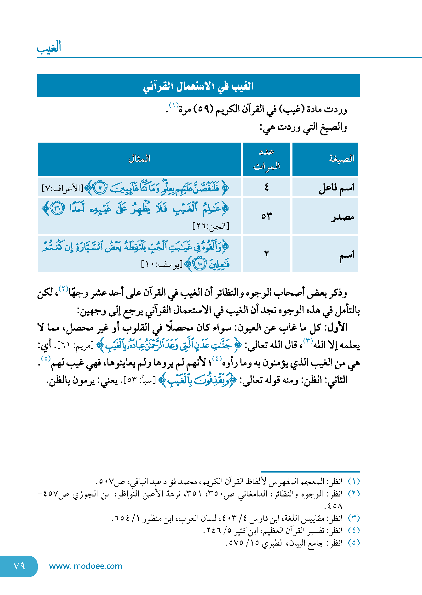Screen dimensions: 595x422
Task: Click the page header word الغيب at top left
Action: pos(49,48)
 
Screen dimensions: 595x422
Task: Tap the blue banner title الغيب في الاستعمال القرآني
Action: pos(199,86)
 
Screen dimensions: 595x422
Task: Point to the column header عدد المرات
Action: pos(266,159)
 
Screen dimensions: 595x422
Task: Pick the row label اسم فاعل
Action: pos(337,188)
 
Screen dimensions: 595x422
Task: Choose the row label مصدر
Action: pos(343,217)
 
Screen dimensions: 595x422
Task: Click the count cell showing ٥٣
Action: pos(266,216)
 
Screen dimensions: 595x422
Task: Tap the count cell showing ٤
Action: pos(266,188)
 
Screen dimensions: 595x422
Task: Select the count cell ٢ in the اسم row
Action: pos(266,254)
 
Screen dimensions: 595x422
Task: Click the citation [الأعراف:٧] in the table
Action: pos(62,189)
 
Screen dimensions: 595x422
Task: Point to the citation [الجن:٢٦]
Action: pos(211,226)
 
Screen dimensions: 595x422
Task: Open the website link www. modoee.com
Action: pos(85,566)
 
